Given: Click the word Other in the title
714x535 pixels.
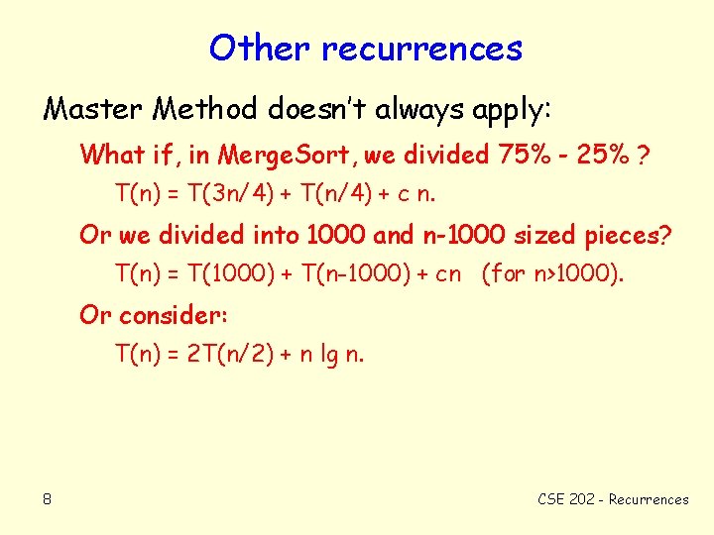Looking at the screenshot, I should [x=258, y=47].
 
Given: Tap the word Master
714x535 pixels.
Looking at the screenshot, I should [x=93, y=108].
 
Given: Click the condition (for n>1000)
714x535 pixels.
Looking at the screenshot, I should [x=552, y=272].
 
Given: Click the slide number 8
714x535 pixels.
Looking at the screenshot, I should [x=48, y=499].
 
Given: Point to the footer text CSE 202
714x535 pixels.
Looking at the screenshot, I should [x=566, y=499].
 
